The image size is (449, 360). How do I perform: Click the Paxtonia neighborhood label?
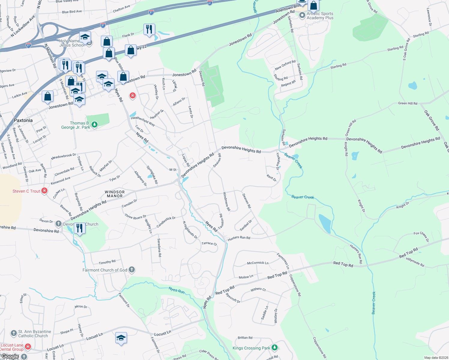pyautogui.click(x=23, y=120)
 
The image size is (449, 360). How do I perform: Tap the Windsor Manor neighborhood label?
pyautogui.click(x=115, y=194)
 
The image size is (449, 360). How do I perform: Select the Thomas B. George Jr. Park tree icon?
pyautogui.click(x=95, y=124)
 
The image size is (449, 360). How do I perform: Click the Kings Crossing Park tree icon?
pyautogui.click(x=274, y=348)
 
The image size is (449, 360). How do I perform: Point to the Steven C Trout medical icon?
pyautogui.click(x=44, y=191)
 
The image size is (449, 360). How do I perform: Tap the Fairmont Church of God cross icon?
pyautogui.click(x=131, y=270)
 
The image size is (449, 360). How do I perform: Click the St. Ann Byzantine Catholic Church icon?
pyautogui.click(x=14, y=333)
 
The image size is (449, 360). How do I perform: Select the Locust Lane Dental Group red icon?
pyautogui.click(x=28, y=347)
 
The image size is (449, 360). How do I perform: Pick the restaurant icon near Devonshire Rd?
pyautogui.click(x=80, y=228)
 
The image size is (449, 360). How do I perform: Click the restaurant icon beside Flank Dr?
pyautogui.click(x=149, y=29)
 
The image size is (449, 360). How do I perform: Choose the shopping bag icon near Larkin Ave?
pyautogui.click(x=47, y=96)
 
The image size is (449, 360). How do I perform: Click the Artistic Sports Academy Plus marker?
pyautogui.click(x=302, y=15)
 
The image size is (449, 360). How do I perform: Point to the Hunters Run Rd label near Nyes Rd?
pyautogui.click(x=239, y=238)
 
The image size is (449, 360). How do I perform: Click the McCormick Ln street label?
pyautogui.click(x=258, y=263)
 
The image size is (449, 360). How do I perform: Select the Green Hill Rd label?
pyautogui.click(x=407, y=103)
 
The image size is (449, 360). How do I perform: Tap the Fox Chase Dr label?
pyautogui.click(x=421, y=236)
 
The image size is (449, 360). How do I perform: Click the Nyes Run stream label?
pyautogui.click(x=176, y=290)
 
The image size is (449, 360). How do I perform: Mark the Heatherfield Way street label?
pyautogui.click(x=143, y=121)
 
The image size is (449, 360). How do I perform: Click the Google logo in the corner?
pyautogui.click(x=10, y=356)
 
